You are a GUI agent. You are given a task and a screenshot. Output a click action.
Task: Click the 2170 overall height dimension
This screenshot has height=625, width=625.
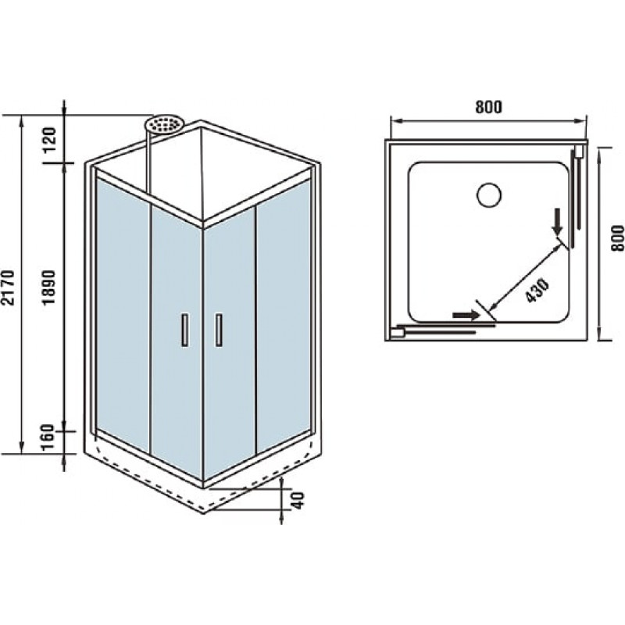[x=8, y=287]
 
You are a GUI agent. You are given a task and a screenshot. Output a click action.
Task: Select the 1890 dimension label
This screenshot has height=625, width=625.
[x=49, y=287]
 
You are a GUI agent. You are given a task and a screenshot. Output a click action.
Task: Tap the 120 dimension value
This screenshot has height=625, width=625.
[x=50, y=139]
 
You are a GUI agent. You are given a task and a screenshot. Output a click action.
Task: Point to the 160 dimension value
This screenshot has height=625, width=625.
[x=48, y=437]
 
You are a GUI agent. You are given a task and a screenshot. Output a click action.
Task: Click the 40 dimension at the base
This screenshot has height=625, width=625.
[x=298, y=500]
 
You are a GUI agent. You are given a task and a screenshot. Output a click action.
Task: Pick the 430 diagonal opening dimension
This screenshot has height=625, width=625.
[x=537, y=290]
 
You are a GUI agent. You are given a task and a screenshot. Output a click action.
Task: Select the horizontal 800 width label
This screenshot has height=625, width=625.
[x=489, y=107]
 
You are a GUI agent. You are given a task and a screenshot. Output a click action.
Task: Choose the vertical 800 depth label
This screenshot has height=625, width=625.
[x=617, y=238]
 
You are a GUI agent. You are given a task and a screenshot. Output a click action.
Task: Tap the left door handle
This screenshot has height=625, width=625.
[x=184, y=329]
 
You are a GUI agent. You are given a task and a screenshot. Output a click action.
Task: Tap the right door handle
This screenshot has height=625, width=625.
[x=219, y=329]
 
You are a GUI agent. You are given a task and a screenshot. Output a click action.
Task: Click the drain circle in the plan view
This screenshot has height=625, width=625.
[x=489, y=195]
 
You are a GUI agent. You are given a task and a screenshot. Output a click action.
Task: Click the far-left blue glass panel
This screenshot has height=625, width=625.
[x=123, y=315]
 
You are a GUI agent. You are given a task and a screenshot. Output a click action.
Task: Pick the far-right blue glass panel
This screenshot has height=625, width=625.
[x=284, y=315]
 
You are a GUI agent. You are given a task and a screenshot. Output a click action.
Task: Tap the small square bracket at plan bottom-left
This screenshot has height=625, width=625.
[x=398, y=332]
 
